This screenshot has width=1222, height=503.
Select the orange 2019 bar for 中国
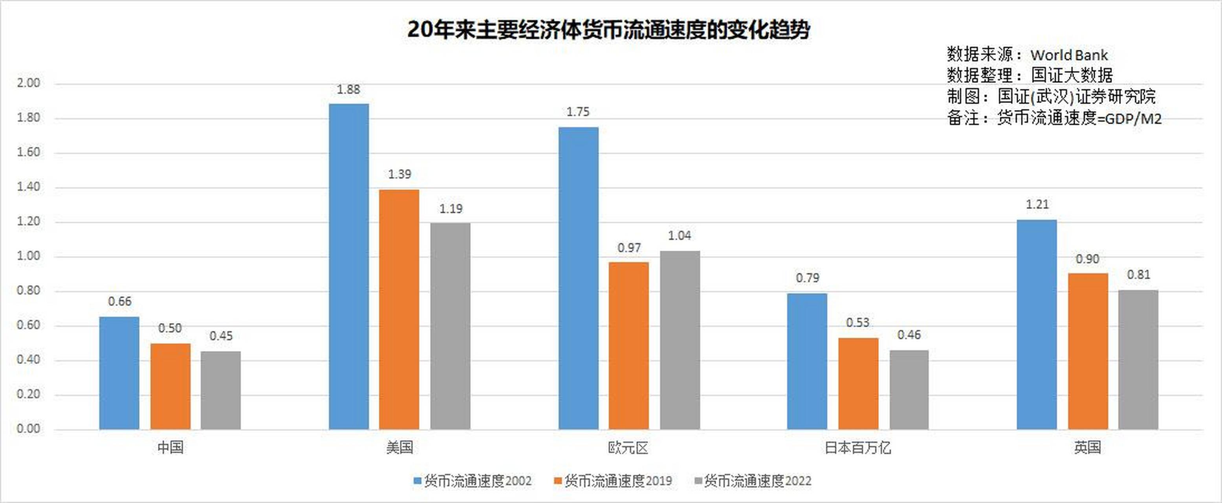(170, 386)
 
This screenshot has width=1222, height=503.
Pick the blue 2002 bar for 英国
(1037, 325)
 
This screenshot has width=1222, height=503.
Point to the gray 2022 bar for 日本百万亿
(909, 389)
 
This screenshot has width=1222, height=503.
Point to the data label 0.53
(857, 323)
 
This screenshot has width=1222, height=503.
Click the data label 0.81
(1138, 275)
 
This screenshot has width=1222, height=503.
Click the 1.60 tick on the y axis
(28, 152)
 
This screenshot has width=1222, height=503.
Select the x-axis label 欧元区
(628, 448)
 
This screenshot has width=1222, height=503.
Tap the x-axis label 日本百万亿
(857, 448)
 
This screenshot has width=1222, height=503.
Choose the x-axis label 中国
(170, 448)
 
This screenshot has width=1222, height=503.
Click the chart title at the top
(608, 30)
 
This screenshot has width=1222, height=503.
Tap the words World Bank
(1069, 55)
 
